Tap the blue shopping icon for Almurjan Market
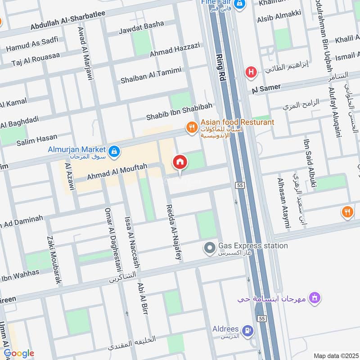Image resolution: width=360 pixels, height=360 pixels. (x=114, y=150)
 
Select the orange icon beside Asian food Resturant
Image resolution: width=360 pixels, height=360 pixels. (x=192, y=128)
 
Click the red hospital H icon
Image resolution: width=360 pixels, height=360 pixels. (x=251, y=72)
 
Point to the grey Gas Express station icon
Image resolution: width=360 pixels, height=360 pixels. (x=209, y=247)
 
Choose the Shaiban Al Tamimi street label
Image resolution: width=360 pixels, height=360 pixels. (x=151, y=75)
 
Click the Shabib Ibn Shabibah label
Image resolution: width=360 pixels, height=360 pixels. (x=179, y=112)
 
